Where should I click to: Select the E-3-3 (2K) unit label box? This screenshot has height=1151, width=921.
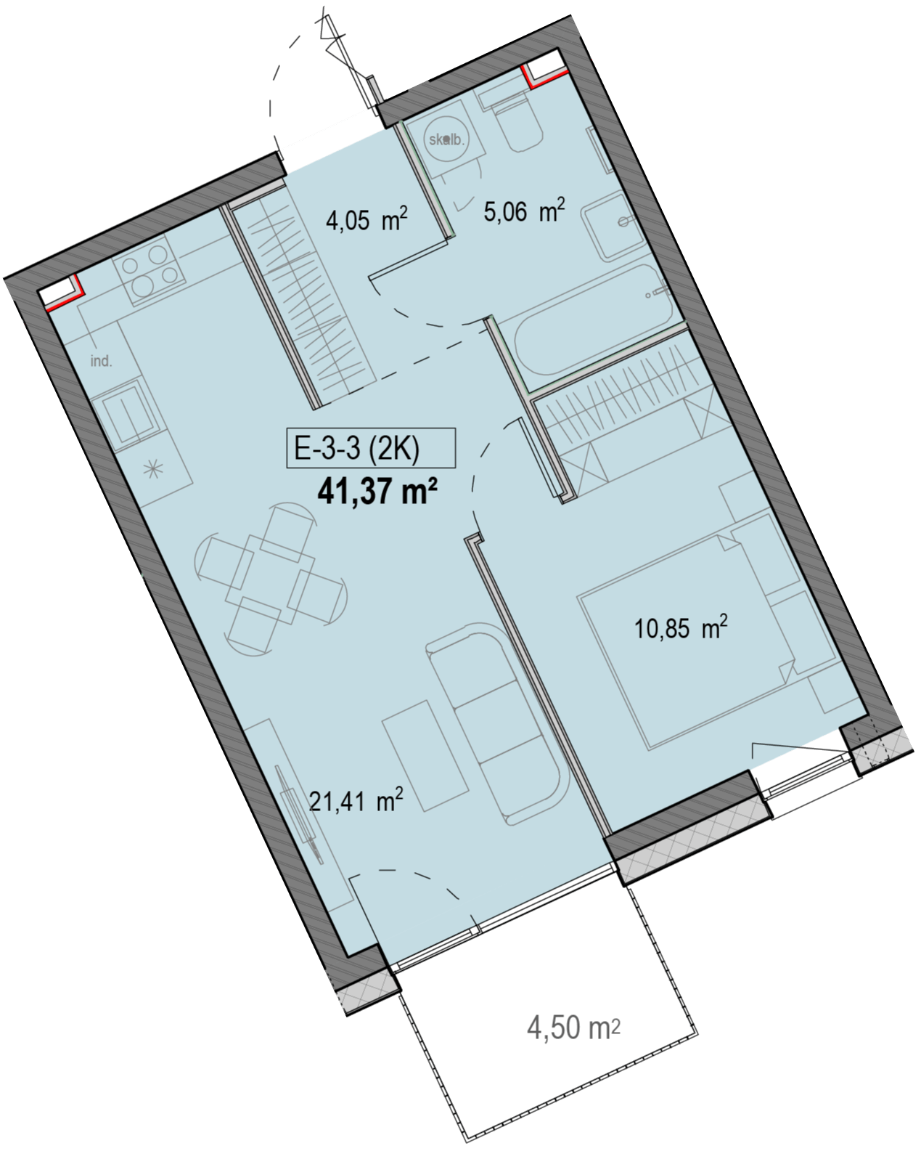tap(371, 448)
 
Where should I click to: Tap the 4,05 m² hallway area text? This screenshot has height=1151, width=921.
tap(367, 220)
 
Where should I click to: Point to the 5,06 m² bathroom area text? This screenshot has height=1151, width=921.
tap(524, 212)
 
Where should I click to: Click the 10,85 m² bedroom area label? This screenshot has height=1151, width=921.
tap(681, 627)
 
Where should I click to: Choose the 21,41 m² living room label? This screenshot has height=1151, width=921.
tap(356, 801)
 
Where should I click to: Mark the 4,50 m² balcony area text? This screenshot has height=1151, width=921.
tap(573, 1028)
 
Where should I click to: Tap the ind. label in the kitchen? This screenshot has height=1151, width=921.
tap(101, 362)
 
